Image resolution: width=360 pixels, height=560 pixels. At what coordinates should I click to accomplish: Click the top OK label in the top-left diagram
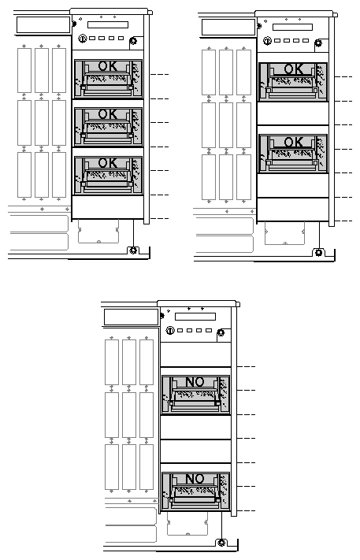pyautogui.click(x=107, y=66)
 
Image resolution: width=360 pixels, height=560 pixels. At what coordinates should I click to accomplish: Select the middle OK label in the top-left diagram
pyautogui.click(x=107, y=114)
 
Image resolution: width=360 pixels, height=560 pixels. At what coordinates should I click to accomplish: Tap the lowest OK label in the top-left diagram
pyautogui.click(x=107, y=163)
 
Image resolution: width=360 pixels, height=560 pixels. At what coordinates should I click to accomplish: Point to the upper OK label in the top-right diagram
pyautogui.click(x=294, y=69)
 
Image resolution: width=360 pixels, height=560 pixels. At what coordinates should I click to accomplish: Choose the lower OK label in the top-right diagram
pyautogui.click(x=294, y=143)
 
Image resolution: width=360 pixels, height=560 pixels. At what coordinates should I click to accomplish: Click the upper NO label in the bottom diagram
pyautogui.click(x=195, y=382)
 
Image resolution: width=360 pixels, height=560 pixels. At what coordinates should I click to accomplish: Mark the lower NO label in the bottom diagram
pyautogui.click(x=195, y=479)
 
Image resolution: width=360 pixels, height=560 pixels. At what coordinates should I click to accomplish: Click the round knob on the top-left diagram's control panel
pyautogui.click(x=83, y=39)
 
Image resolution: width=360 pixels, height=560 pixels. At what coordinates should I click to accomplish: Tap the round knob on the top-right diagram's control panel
pyautogui.click(x=268, y=41)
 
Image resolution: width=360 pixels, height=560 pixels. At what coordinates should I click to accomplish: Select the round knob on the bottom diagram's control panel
pyautogui.click(x=170, y=330)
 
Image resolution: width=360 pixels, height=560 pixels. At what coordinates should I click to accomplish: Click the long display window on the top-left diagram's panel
pyautogui.click(x=108, y=24)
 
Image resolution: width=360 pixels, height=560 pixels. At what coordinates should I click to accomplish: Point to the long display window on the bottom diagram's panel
pyautogui.click(x=195, y=317)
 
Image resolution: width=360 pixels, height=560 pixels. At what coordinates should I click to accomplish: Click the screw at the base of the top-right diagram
pyautogui.click(x=318, y=253)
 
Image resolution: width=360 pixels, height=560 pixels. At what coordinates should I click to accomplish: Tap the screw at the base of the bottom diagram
pyautogui.click(x=221, y=543)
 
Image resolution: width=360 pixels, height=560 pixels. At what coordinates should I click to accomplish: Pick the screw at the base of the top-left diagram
pyautogui.click(x=133, y=250)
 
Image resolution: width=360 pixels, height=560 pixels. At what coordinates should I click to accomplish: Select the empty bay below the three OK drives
pyautogui.click(x=107, y=207)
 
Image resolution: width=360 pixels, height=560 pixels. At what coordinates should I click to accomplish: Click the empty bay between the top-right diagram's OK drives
pyautogui.click(x=293, y=113)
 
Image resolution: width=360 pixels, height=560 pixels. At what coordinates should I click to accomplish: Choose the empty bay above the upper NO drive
pyautogui.click(x=195, y=354)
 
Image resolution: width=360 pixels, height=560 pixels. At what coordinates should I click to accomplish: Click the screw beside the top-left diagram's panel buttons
pyautogui.click(x=134, y=41)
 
